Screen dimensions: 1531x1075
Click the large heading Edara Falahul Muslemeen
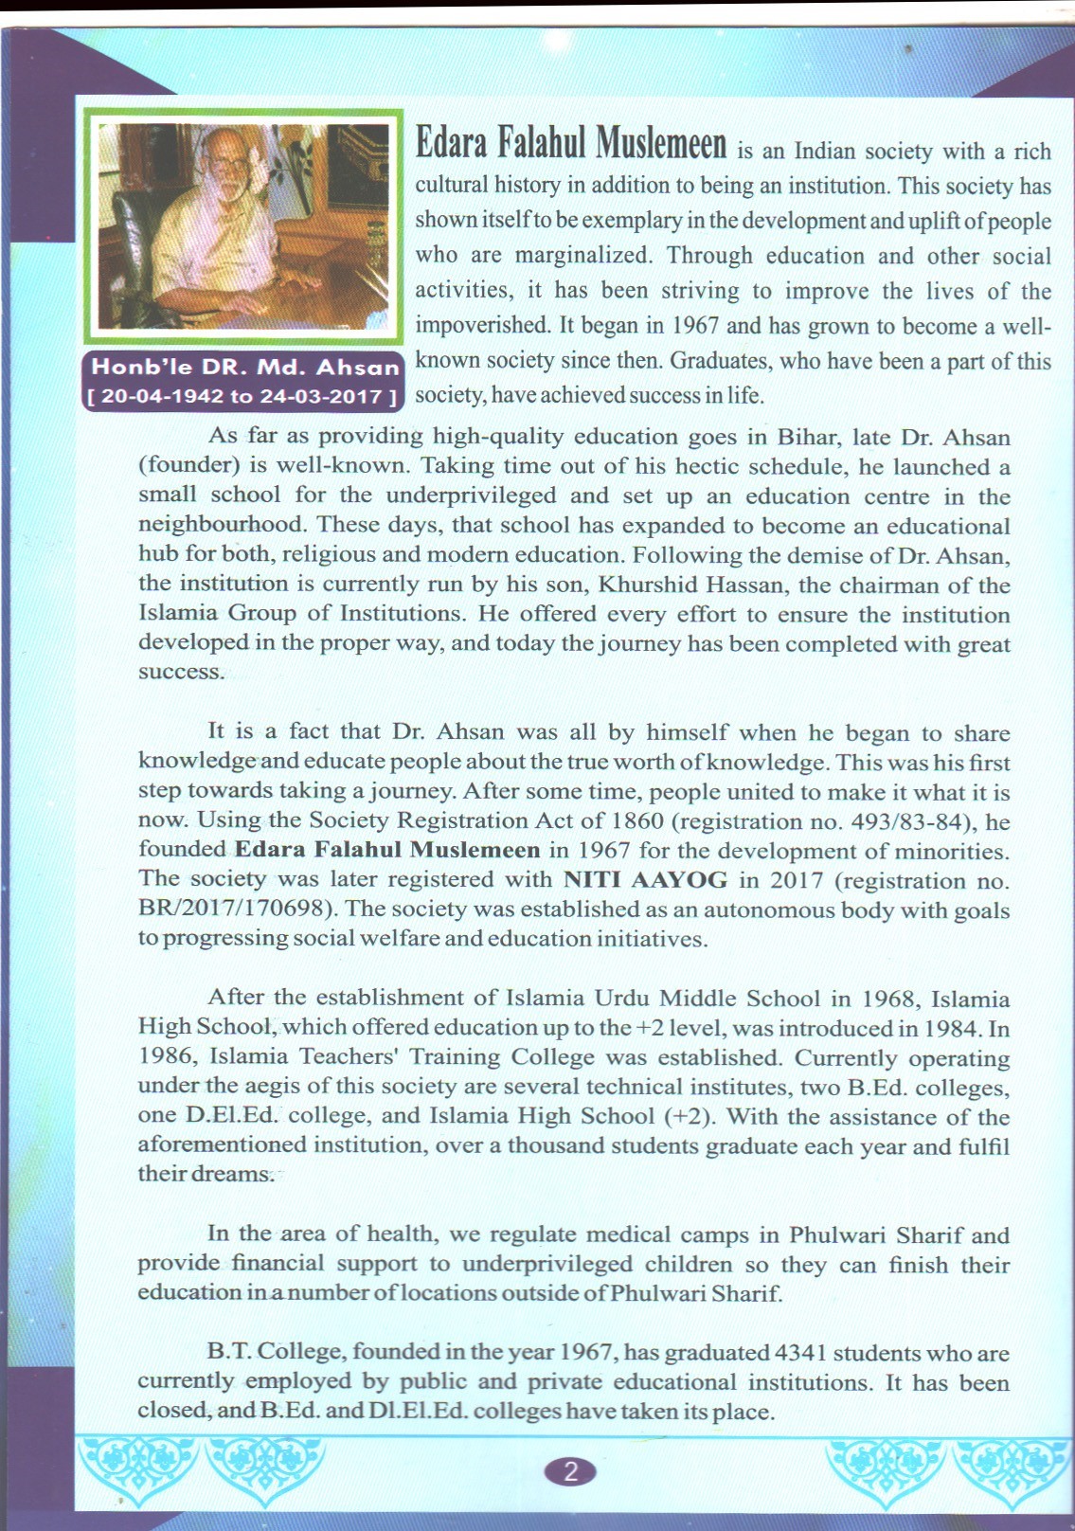[571, 144]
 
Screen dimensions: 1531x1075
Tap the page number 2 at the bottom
[570, 1471]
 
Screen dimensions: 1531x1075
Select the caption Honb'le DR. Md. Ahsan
[245, 368]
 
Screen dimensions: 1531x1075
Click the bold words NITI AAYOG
[645, 880]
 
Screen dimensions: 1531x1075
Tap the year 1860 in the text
[637, 821]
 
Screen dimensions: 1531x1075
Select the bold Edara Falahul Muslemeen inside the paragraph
[387, 851]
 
